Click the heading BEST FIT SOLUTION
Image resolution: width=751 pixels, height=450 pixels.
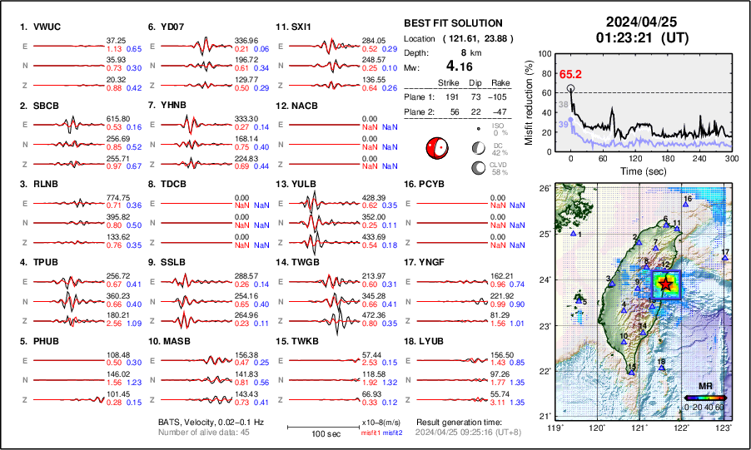(452, 23)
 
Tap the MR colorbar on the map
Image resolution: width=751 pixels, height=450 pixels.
(704, 398)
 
